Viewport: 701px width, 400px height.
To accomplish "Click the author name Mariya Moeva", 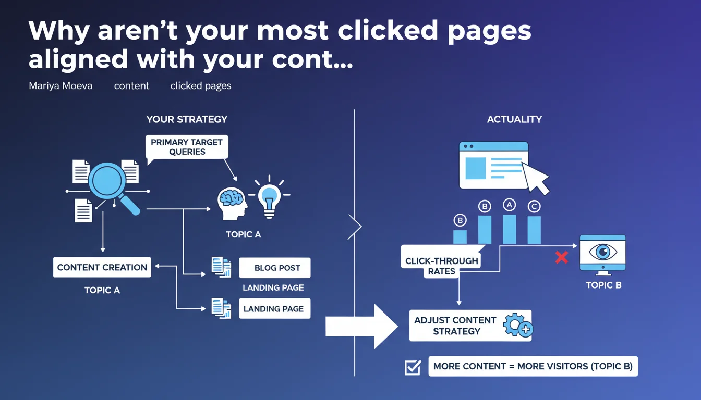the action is pyautogui.click(x=61, y=85).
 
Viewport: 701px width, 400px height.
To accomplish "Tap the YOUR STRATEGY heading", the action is pyautogui.click(x=187, y=119).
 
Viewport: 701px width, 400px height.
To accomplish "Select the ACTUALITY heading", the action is pyautogui.click(x=514, y=119).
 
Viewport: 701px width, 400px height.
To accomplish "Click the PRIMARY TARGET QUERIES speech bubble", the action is pyautogui.click(x=187, y=147).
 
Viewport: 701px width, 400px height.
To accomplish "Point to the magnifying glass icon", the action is pyautogui.click(x=111, y=186).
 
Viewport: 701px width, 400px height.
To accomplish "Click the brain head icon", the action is pyautogui.click(x=232, y=204).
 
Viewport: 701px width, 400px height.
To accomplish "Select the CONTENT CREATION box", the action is pyautogui.click(x=102, y=267).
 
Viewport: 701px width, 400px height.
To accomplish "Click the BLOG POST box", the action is pyautogui.click(x=275, y=268).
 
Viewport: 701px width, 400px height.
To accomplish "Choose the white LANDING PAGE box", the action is pyautogui.click(x=275, y=308).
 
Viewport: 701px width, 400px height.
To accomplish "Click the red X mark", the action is pyautogui.click(x=562, y=257).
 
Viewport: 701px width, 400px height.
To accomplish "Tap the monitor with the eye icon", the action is pyautogui.click(x=603, y=255).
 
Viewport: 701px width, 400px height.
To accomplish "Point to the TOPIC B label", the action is pyautogui.click(x=603, y=285).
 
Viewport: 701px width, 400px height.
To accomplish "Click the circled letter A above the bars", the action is pyautogui.click(x=509, y=205).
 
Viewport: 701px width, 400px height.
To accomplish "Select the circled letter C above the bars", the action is pyautogui.click(x=534, y=206).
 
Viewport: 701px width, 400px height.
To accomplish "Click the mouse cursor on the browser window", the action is pyautogui.click(x=536, y=178).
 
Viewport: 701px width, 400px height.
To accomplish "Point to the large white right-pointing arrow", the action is pyautogui.click(x=361, y=327).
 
